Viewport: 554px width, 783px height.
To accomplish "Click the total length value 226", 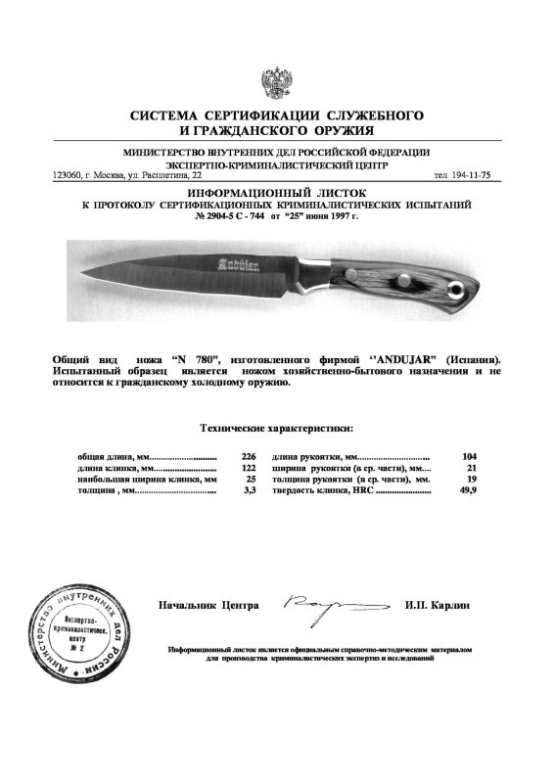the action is (249, 457).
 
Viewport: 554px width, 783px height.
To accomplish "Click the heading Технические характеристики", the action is (277, 428).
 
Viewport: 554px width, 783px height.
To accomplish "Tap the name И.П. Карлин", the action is (437, 606).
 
